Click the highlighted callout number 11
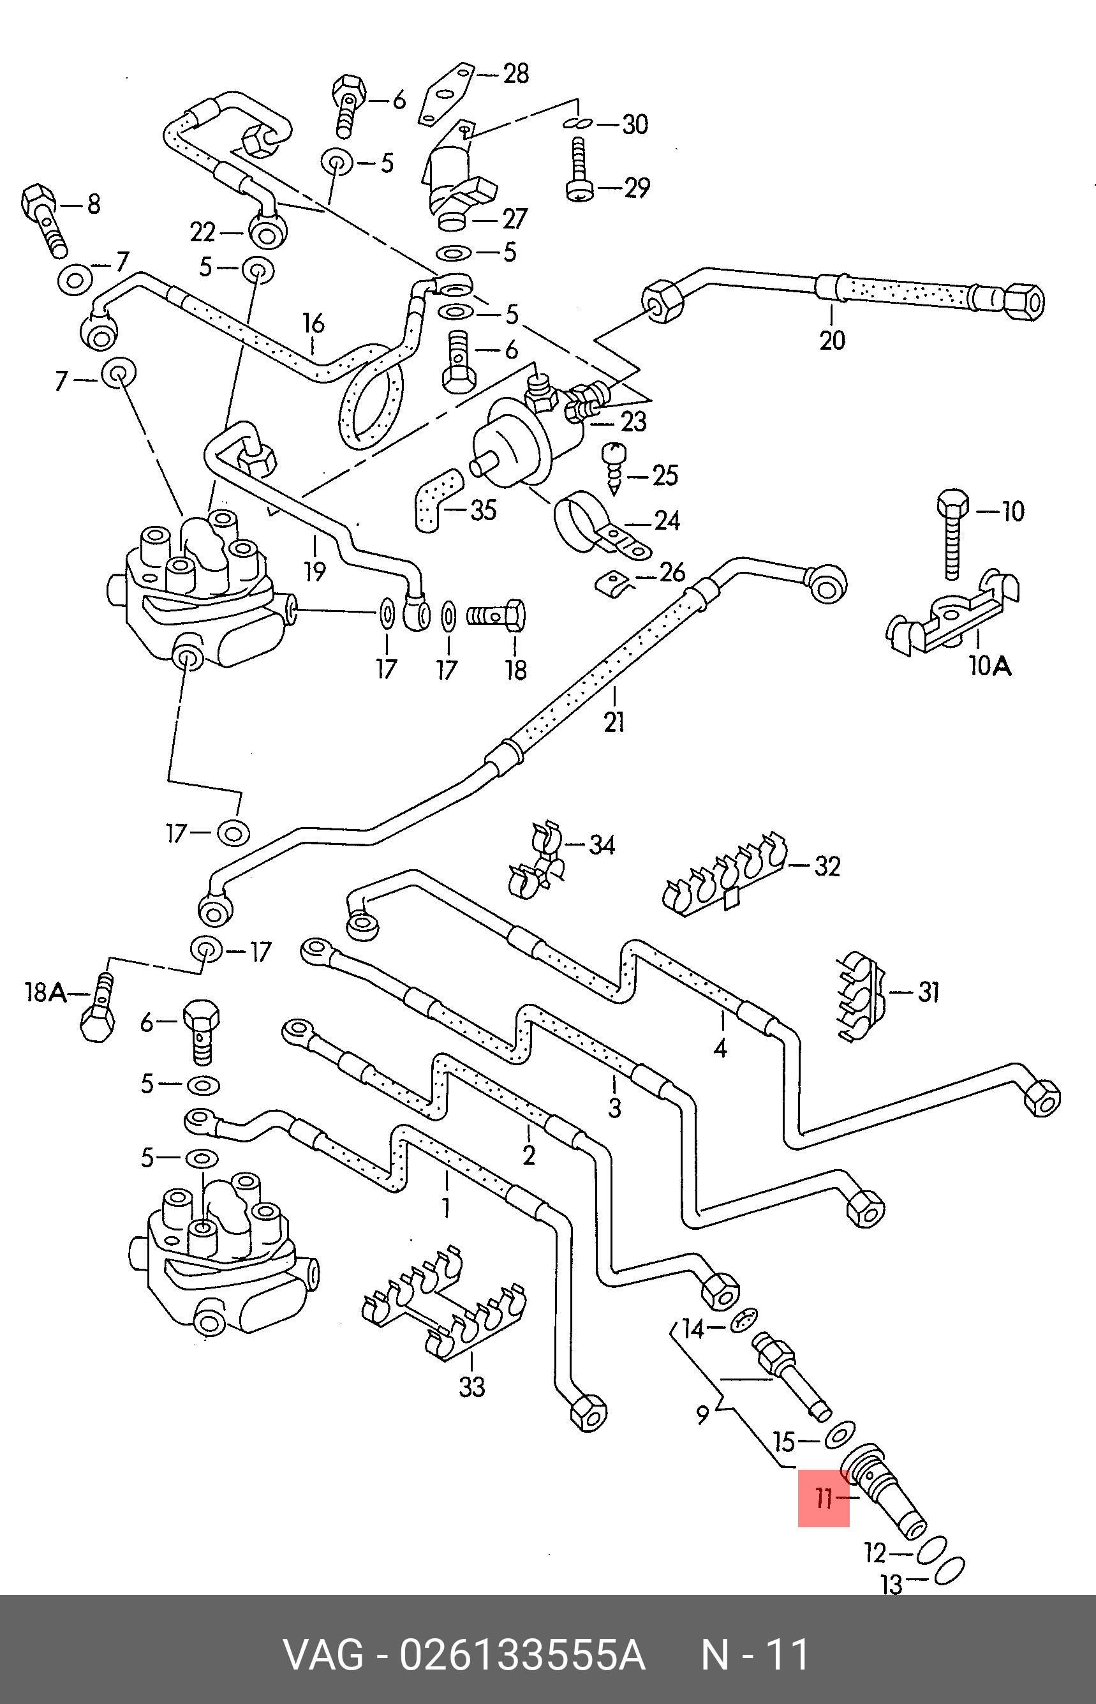(824, 1498)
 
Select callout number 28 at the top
(515, 73)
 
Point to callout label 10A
(990, 666)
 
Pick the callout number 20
(832, 340)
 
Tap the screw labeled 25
(613, 467)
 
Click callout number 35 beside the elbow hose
(483, 510)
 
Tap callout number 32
(827, 865)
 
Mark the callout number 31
(928, 992)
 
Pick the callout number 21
(614, 722)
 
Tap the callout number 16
(313, 323)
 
